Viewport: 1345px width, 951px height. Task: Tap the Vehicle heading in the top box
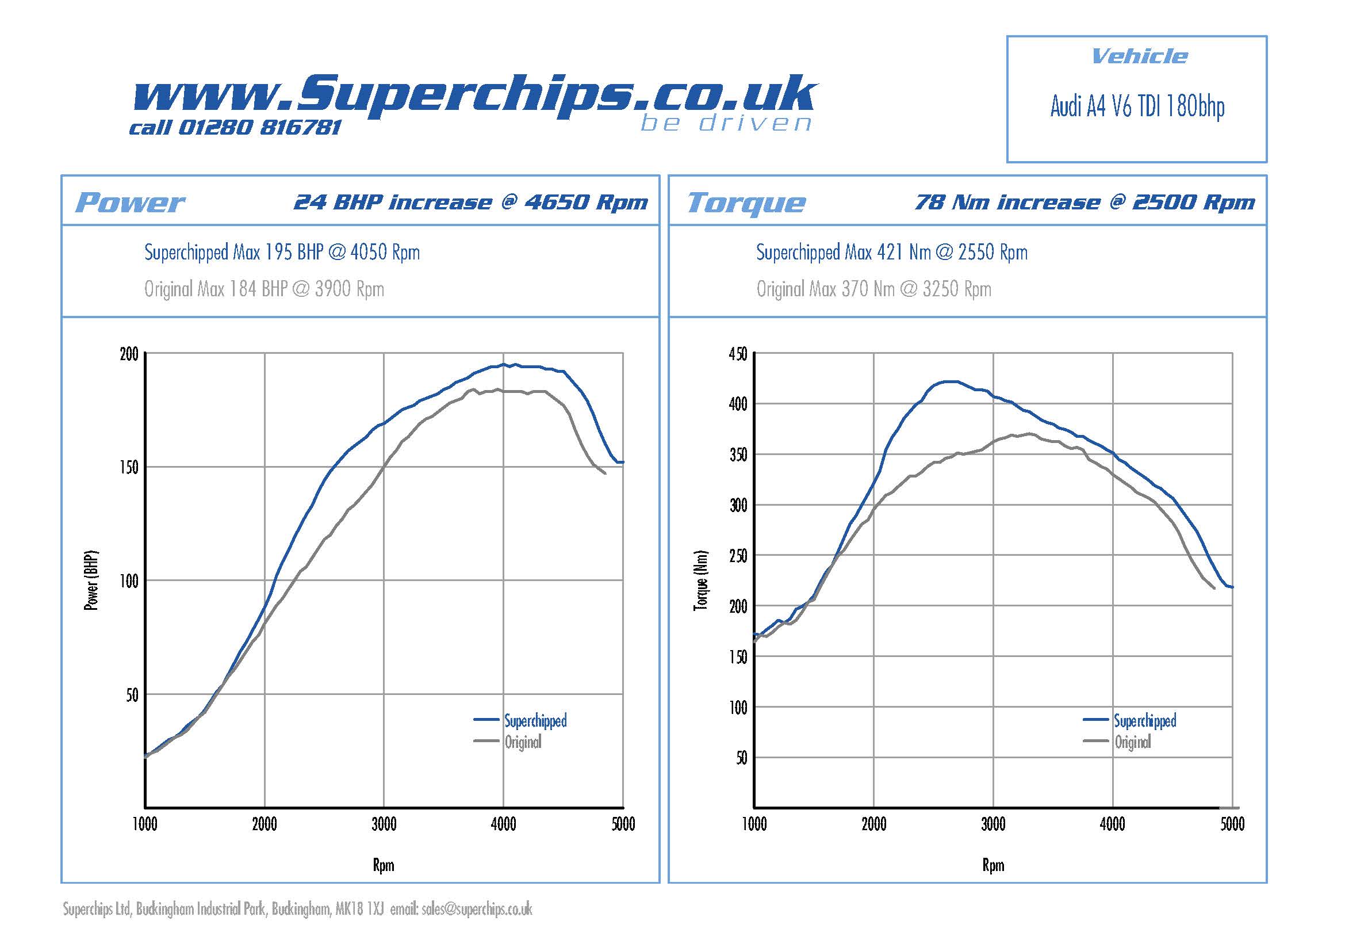point(1139,57)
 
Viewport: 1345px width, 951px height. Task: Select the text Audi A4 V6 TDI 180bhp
point(1137,107)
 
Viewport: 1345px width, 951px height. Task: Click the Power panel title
point(130,203)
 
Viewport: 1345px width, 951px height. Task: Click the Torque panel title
point(746,203)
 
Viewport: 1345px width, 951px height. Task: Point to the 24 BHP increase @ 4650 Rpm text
point(470,202)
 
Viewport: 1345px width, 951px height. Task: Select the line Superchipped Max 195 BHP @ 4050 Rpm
point(282,253)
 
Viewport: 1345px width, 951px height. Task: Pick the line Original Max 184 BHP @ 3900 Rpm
point(264,289)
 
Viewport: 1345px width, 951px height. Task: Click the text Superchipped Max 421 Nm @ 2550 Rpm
point(892,253)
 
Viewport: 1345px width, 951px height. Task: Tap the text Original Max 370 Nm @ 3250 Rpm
point(873,289)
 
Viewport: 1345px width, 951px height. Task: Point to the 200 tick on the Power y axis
point(129,354)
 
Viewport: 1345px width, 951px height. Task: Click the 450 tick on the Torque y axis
point(738,354)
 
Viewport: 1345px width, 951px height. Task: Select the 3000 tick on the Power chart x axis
point(384,824)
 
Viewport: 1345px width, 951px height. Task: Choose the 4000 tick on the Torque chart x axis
point(1112,824)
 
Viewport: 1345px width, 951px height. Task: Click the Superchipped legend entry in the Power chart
point(535,720)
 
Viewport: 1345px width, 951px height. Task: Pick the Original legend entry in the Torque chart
point(1132,742)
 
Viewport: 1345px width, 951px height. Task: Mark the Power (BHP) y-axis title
point(91,580)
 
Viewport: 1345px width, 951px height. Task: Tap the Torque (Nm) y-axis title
point(700,580)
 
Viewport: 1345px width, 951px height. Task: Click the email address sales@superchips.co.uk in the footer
point(477,909)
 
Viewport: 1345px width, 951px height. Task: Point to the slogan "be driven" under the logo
point(726,123)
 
